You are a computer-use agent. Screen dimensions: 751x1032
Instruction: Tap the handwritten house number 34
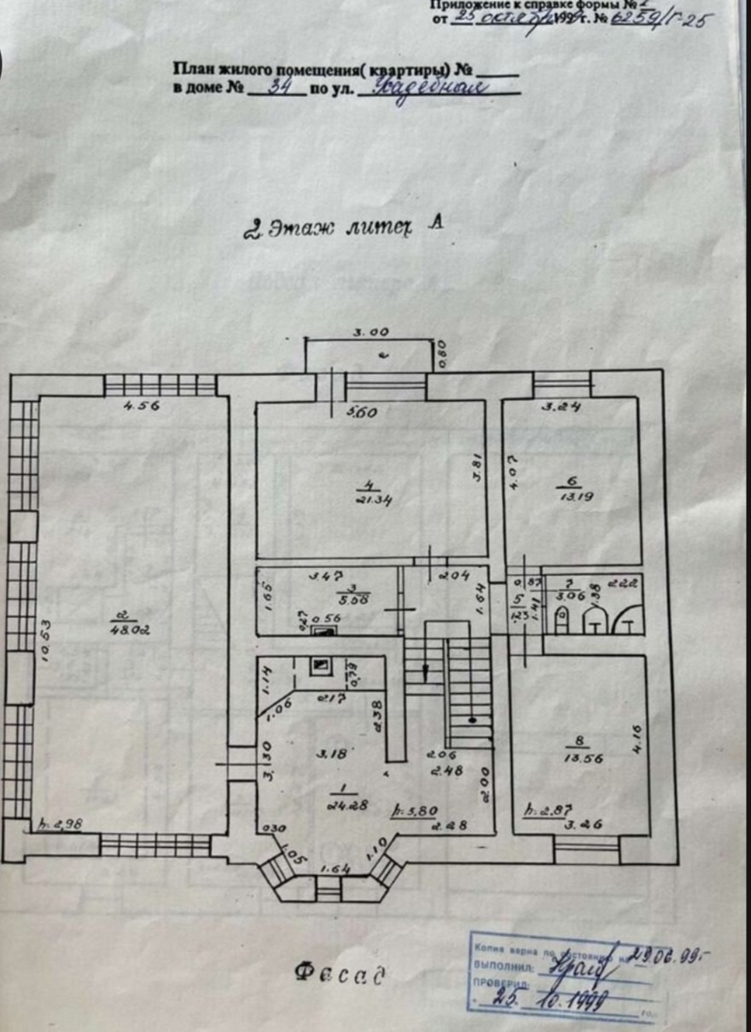[277, 86]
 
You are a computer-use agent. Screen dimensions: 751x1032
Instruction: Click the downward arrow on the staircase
[424, 675]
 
